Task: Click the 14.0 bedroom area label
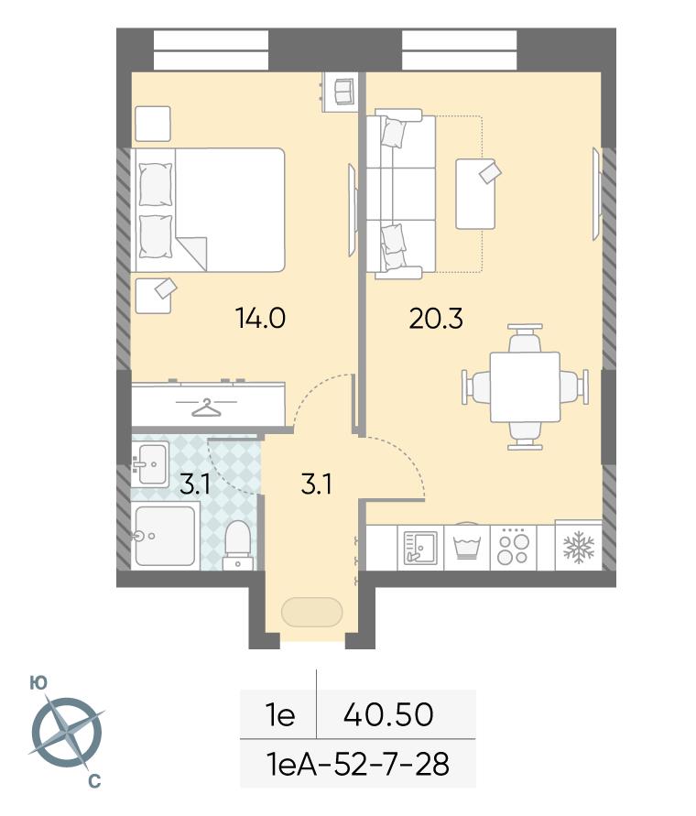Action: click(x=260, y=318)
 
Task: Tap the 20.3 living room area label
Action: click(x=436, y=319)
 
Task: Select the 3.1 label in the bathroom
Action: click(x=195, y=484)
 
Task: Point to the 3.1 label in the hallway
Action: click(x=317, y=484)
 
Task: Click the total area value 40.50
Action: click(x=388, y=714)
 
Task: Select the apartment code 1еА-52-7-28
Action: click(x=357, y=765)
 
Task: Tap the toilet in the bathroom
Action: click(x=238, y=544)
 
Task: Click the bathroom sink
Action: click(x=150, y=463)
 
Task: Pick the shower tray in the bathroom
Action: click(x=165, y=537)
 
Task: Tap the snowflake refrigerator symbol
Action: click(x=579, y=547)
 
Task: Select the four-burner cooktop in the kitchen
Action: click(x=513, y=547)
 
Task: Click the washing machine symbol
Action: click(x=466, y=549)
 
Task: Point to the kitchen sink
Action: click(x=420, y=548)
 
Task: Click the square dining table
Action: click(x=525, y=386)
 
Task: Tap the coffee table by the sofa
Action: click(x=475, y=193)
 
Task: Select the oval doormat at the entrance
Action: click(x=311, y=612)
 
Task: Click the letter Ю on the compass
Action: click(x=38, y=683)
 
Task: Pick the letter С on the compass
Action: click(x=93, y=781)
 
